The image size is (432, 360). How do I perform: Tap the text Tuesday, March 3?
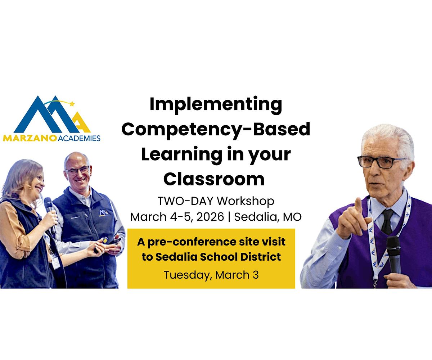pyautogui.click(x=211, y=275)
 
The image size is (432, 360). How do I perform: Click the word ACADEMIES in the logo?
pyautogui.click(x=79, y=138)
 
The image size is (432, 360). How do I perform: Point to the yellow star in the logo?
pyautogui.click(x=72, y=104)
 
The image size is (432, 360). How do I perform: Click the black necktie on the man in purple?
pyautogui.click(x=387, y=221)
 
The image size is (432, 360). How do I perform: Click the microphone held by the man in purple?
pyautogui.click(x=394, y=252)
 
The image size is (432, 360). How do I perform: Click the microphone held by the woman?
pyautogui.click(x=49, y=209)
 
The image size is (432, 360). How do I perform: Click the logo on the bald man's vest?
pyautogui.click(x=104, y=213)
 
